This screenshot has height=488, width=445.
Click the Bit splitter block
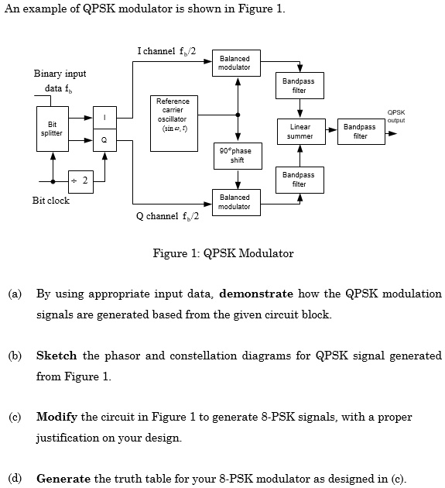[x=52, y=129]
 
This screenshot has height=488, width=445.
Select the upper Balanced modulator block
[x=234, y=64]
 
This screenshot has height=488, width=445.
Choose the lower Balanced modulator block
[x=234, y=201]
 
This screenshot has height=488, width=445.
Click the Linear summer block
[x=300, y=131]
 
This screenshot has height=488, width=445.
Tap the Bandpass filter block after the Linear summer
[x=359, y=131]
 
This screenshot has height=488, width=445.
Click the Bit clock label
[x=50, y=201]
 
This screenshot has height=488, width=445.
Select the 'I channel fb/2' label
[x=166, y=51]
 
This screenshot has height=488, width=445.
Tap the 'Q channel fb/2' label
[x=167, y=215]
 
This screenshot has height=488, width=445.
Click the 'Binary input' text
[x=60, y=74]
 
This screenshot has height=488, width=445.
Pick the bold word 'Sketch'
[x=56, y=356]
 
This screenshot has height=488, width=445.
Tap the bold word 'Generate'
[x=63, y=476]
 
